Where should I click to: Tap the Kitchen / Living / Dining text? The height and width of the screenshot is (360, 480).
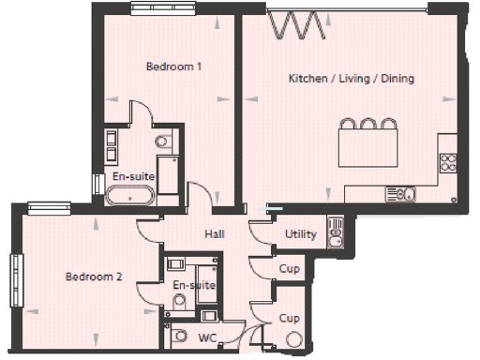click(351, 79)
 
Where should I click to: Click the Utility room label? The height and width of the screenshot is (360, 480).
click(300, 234)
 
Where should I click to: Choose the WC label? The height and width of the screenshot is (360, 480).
click(208, 337)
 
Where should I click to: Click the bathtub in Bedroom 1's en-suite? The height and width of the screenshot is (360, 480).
click(130, 196)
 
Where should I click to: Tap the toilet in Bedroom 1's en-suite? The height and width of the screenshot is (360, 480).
click(161, 142)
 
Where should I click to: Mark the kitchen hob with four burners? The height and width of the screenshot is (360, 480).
click(447, 161)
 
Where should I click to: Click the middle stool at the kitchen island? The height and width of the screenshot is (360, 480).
click(367, 124)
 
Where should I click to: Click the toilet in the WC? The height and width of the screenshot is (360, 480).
click(178, 336)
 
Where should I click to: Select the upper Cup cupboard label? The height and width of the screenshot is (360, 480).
click(289, 270)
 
